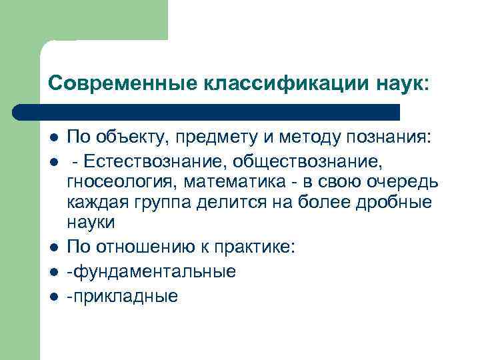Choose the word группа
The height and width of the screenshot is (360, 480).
161,201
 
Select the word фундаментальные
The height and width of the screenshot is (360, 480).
151,271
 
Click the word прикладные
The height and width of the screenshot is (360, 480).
123,295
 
